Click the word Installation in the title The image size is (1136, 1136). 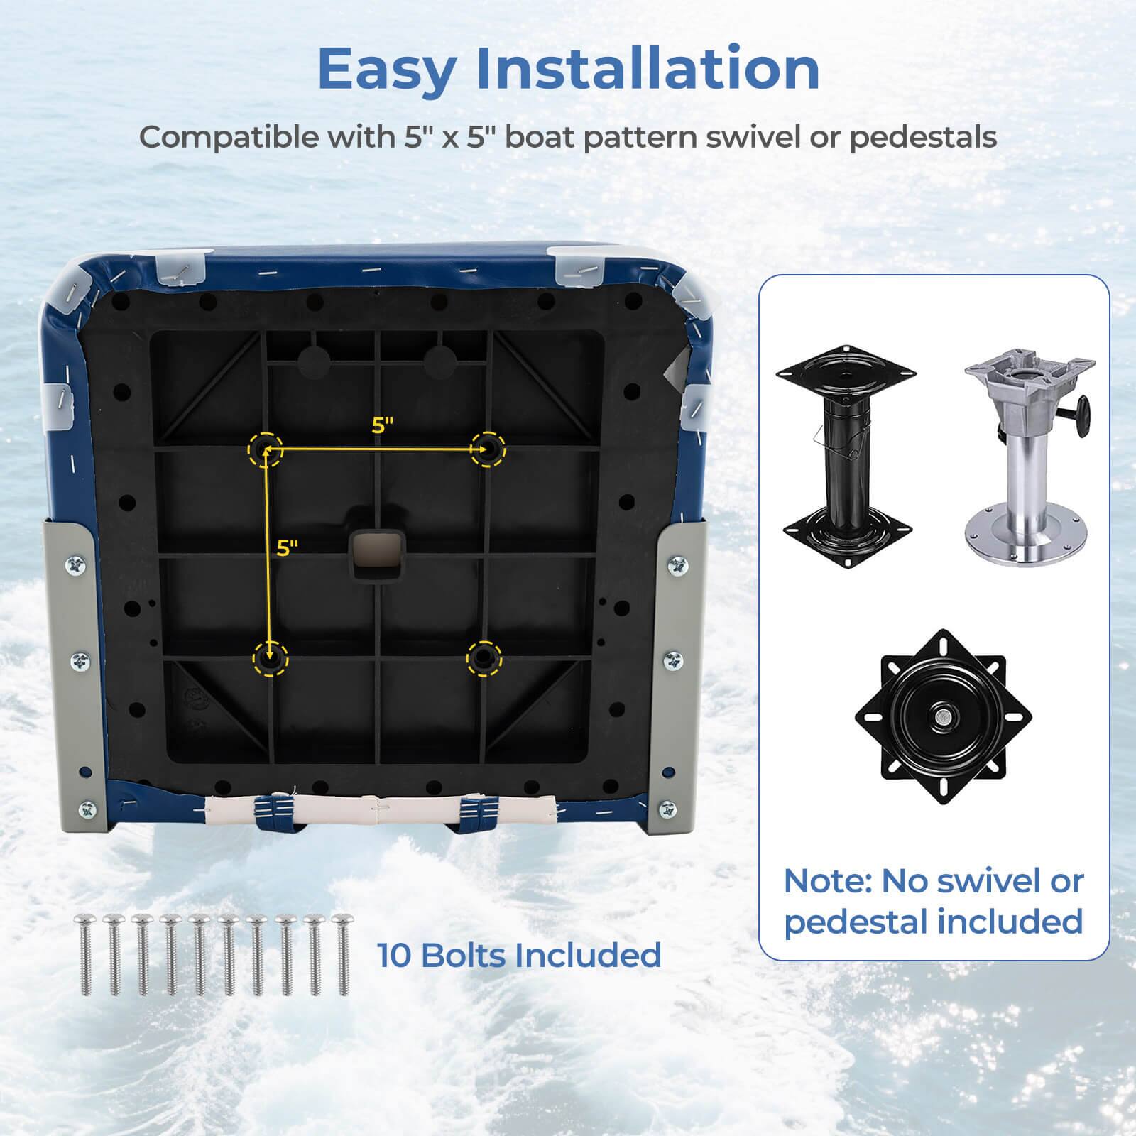coord(648,69)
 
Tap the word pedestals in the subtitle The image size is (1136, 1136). coord(923,137)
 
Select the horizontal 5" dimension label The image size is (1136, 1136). coord(382,425)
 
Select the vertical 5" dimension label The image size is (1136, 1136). coord(287,548)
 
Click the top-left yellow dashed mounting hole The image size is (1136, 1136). coord(266,449)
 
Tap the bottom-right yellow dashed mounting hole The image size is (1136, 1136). coord(484,657)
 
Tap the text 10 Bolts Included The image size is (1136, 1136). coord(518,955)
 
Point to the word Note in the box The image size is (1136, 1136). coord(826,882)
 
